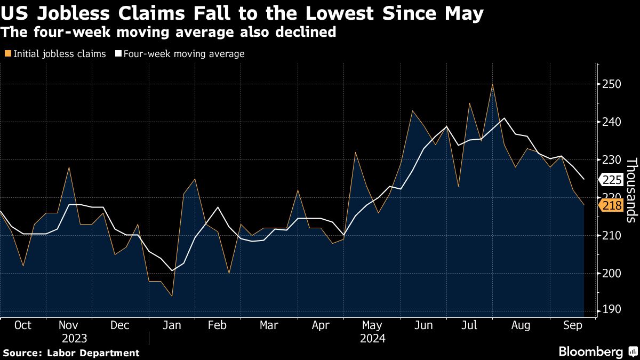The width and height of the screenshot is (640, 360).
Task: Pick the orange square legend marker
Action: point(7,54)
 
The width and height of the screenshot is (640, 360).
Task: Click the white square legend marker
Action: point(118,54)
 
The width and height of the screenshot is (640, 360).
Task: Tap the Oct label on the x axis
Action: point(23,325)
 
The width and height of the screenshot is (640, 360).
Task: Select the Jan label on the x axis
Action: point(172,325)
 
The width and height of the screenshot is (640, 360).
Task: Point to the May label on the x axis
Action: point(372,325)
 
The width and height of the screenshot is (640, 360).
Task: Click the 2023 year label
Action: point(75,338)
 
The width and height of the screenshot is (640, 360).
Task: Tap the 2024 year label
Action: point(373,338)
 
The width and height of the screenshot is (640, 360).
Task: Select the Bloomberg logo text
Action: point(590,352)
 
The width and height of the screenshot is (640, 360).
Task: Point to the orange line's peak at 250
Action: point(492,84)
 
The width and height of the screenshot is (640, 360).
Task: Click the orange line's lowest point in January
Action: point(172,296)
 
